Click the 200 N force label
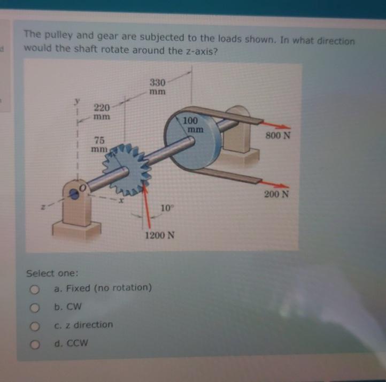pyautogui.click(x=276, y=194)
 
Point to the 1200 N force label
pyautogui.click(x=159, y=235)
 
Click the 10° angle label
pyautogui.click(x=167, y=207)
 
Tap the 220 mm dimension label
pyautogui.click(x=102, y=111)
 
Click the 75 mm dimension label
pyautogui.click(x=99, y=144)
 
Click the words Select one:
pyautogui.click(x=52, y=273)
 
